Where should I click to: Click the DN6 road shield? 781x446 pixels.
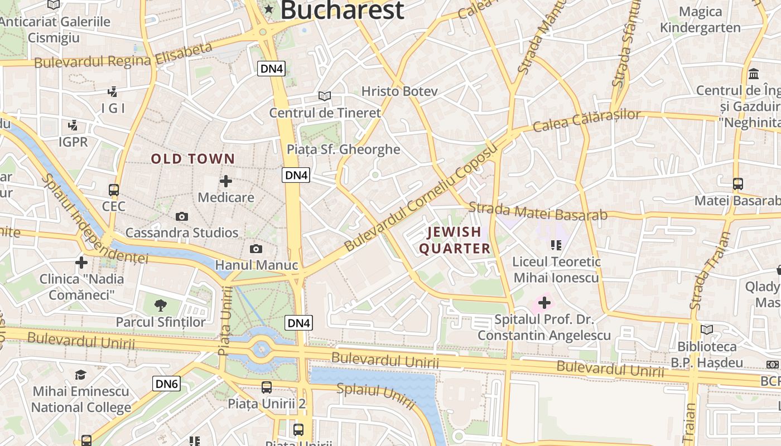click(x=166, y=384)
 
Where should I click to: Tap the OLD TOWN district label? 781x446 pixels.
click(x=193, y=159)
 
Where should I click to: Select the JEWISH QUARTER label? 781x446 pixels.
click(x=455, y=240)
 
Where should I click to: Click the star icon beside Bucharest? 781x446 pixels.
click(x=269, y=8)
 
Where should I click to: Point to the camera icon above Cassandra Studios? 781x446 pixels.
click(x=181, y=216)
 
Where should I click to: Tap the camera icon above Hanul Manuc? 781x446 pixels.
click(x=256, y=249)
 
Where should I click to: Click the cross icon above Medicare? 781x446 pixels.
click(x=226, y=181)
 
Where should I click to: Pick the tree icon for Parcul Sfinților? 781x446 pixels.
click(x=161, y=305)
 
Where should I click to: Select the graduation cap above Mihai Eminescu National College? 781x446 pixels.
click(x=81, y=375)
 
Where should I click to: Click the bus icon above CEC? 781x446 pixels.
click(x=114, y=190)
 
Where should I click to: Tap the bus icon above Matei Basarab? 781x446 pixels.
click(x=738, y=183)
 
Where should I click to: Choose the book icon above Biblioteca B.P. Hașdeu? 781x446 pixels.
click(x=707, y=329)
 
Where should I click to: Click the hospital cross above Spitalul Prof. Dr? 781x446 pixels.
click(x=544, y=303)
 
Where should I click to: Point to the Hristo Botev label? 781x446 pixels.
click(x=399, y=91)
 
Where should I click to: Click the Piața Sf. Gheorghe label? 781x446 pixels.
click(x=343, y=149)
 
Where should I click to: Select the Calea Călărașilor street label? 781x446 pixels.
click(x=587, y=120)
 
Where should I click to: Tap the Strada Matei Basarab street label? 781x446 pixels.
click(x=538, y=212)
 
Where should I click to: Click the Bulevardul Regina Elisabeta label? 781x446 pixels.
click(x=123, y=55)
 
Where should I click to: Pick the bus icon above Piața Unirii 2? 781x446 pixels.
click(x=267, y=387)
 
